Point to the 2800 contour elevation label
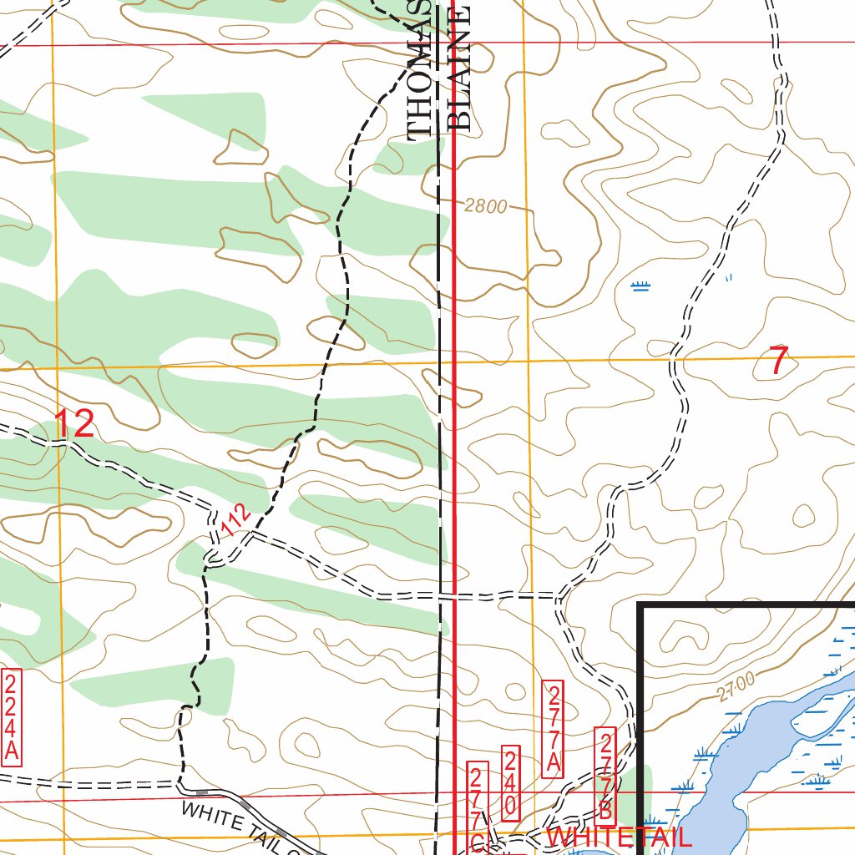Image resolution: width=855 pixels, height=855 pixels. coord(485,205)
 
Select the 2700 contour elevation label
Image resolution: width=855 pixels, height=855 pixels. coord(736,686)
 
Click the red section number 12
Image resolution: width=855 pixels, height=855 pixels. coord(74,424)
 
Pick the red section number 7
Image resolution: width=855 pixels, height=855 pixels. coord(778,361)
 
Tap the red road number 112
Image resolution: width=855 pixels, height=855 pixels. coord(237,522)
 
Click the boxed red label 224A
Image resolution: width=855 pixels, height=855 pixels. coord(11,716)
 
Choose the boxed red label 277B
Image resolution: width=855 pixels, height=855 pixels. coord(607,774)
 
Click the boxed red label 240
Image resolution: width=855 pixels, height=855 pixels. coord(511,784)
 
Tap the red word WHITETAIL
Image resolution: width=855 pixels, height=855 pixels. coord(619,838)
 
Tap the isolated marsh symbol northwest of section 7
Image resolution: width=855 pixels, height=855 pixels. coord(640,286)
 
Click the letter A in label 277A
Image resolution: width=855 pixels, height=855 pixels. coord(553,761)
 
